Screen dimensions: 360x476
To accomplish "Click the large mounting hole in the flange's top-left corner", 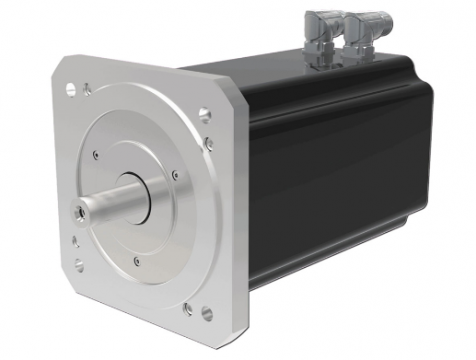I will (x=71, y=89).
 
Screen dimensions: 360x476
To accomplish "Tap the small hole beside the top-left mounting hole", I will (x=87, y=91).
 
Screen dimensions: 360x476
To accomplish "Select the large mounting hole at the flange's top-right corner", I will (x=205, y=115).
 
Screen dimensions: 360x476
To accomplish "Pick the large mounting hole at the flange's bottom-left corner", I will (x=78, y=265).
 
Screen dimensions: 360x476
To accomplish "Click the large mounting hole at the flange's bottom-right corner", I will (x=207, y=314).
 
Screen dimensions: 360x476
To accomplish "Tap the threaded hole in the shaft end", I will (x=79, y=212).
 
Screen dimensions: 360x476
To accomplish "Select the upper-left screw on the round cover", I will (x=95, y=155).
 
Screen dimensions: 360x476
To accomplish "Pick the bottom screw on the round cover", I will (x=136, y=262).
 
